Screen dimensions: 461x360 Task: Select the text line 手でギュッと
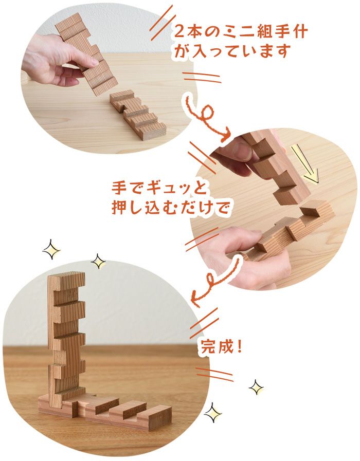pos(148,185)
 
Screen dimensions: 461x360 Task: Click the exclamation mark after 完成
pos(239,346)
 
